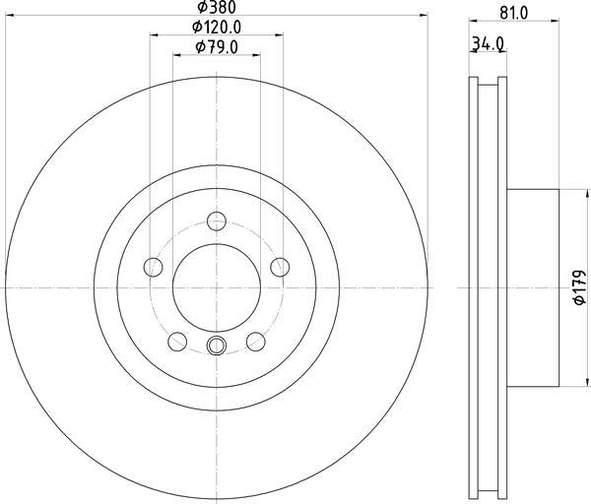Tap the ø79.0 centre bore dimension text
pyautogui.click(x=217, y=46)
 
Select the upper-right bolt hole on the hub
pyautogui.click(x=280, y=266)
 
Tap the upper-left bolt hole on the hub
pyautogui.click(x=154, y=266)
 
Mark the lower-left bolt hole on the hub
pyautogui.click(x=178, y=341)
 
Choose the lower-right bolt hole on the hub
pyautogui.click(x=256, y=341)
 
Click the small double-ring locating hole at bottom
pyautogui.click(x=218, y=345)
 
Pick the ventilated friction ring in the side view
pyautogui.click(x=485, y=287)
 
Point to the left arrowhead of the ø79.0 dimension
pyautogui.click(x=176, y=54)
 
